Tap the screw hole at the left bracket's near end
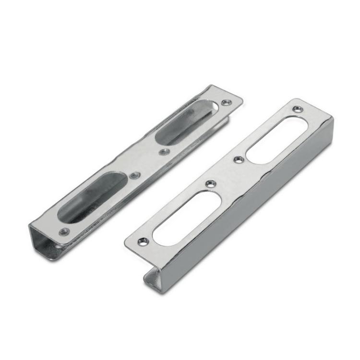(x=62, y=231)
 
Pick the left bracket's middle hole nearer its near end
(x=135, y=175)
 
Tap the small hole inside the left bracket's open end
(x=57, y=246)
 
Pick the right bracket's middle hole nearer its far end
(x=237, y=159)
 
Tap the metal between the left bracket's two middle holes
(x=149, y=163)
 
